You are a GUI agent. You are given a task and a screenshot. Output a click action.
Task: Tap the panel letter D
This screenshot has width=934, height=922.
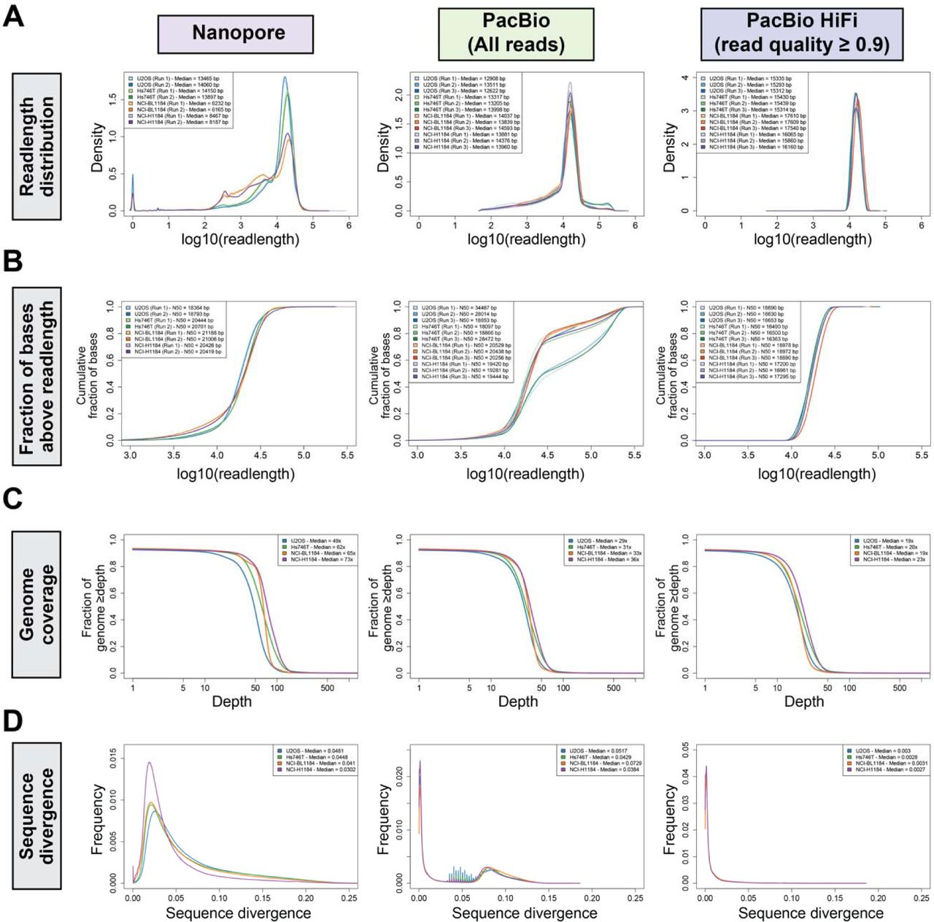click(x=14, y=721)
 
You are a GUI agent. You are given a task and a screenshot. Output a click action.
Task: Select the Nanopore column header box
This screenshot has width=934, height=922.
click(x=236, y=34)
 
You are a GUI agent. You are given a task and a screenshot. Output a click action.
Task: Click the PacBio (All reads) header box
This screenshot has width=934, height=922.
click(x=516, y=34)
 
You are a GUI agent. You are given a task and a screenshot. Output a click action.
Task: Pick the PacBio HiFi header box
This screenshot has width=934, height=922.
click(x=801, y=34)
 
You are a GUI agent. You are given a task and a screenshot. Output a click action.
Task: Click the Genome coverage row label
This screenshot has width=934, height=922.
click(x=36, y=604)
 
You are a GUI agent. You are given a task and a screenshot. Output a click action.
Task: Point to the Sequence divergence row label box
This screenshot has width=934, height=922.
click(x=36, y=818)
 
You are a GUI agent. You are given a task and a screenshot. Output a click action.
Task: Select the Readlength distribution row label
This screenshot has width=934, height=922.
click(x=36, y=146)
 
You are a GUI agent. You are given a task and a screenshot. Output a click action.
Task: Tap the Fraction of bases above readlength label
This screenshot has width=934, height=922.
click(x=36, y=376)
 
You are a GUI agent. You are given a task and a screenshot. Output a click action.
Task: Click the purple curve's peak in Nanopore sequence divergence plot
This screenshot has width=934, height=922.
click(x=149, y=763)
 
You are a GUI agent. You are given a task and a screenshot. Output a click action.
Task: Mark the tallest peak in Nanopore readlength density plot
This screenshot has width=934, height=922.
click(x=285, y=77)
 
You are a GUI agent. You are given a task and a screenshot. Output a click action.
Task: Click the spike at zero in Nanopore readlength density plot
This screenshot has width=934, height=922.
click(x=132, y=175)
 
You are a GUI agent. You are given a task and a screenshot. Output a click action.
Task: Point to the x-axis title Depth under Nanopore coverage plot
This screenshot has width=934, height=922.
click(x=231, y=702)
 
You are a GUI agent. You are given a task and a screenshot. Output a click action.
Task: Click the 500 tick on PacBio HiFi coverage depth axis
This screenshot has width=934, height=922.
click(x=900, y=688)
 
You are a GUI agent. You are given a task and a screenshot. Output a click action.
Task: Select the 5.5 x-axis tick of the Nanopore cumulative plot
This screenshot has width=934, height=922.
click(x=347, y=455)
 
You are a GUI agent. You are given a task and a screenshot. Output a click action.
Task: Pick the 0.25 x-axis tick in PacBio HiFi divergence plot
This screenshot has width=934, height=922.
click(x=921, y=898)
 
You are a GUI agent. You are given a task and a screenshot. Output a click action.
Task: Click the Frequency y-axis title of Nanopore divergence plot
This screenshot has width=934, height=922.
click(x=98, y=820)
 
